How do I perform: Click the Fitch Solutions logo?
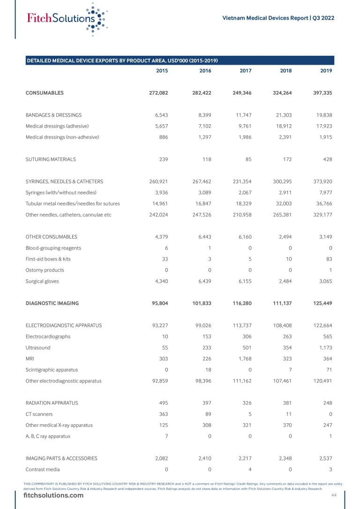coord(66,19)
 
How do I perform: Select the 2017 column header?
coord(245,71)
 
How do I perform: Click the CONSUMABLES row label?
coord(45,93)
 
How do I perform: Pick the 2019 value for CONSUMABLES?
coord(322,93)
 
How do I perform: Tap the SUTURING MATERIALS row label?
coord(51,159)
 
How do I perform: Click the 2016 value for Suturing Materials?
coord(206,159)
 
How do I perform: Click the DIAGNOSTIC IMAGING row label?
coord(52,303)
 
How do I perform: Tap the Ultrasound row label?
coord(38,348)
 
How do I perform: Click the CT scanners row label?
coord(39,414)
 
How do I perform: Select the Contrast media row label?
coord(43,469)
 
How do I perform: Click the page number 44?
coord(334,495)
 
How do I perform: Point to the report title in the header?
coord(278,18)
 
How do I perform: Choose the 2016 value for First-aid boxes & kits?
coord(209,259)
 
